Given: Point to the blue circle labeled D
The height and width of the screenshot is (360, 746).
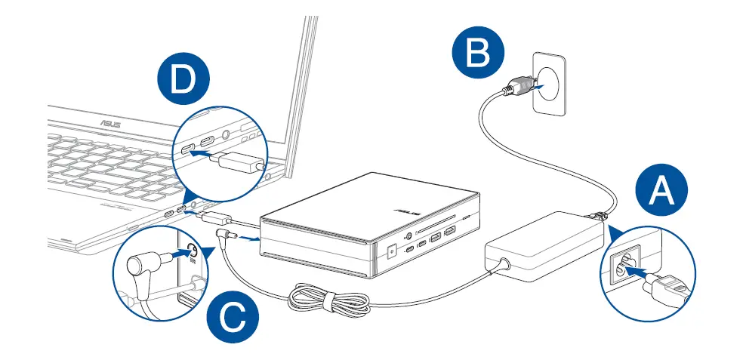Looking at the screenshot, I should tap(182, 82).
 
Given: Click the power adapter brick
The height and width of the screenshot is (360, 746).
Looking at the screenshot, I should tap(541, 244).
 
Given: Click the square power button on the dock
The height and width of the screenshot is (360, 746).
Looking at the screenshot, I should tap(391, 253).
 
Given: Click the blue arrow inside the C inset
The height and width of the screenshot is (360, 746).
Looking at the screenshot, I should tap(174, 256).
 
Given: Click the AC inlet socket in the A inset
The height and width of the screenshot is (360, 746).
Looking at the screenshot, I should tap(622, 266).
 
